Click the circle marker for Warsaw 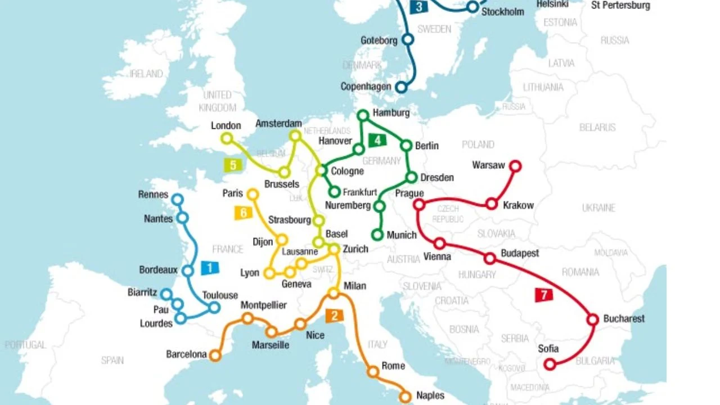pyautogui.click(x=515, y=166)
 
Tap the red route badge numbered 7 pyautogui.click(x=543, y=295)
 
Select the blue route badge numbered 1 pyautogui.click(x=210, y=268)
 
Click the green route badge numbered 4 pyautogui.click(x=377, y=140)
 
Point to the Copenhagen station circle pyautogui.click(x=401, y=87)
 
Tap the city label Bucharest pyautogui.click(x=624, y=318)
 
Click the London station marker pyautogui.click(x=227, y=138)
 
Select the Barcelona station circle pyautogui.click(x=215, y=355)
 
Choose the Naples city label pyautogui.click(x=430, y=395)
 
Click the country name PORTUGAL pyautogui.click(x=25, y=344)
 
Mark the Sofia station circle pyautogui.click(x=550, y=364)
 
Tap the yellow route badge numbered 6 pyautogui.click(x=243, y=213)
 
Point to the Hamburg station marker pyautogui.click(x=363, y=115)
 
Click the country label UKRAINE pyautogui.click(x=598, y=208)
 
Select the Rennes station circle pyautogui.click(x=177, y=199)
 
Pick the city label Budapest pyautogui.click(x=520, y=253)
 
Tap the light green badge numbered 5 pyautogui.click(x=233, y=165)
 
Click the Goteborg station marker pyautogui.click(x=408, y=39)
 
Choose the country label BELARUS pyautogui.click(x=597, y=128)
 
